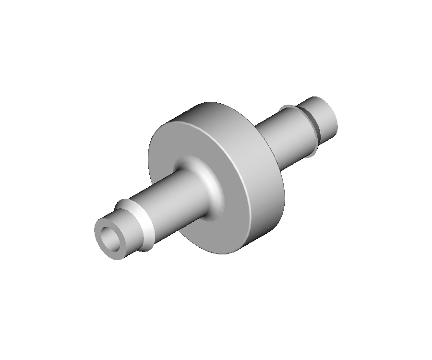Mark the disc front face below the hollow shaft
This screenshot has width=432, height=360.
226,230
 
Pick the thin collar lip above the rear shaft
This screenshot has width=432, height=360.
288,107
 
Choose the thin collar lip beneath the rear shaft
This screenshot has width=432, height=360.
313,152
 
